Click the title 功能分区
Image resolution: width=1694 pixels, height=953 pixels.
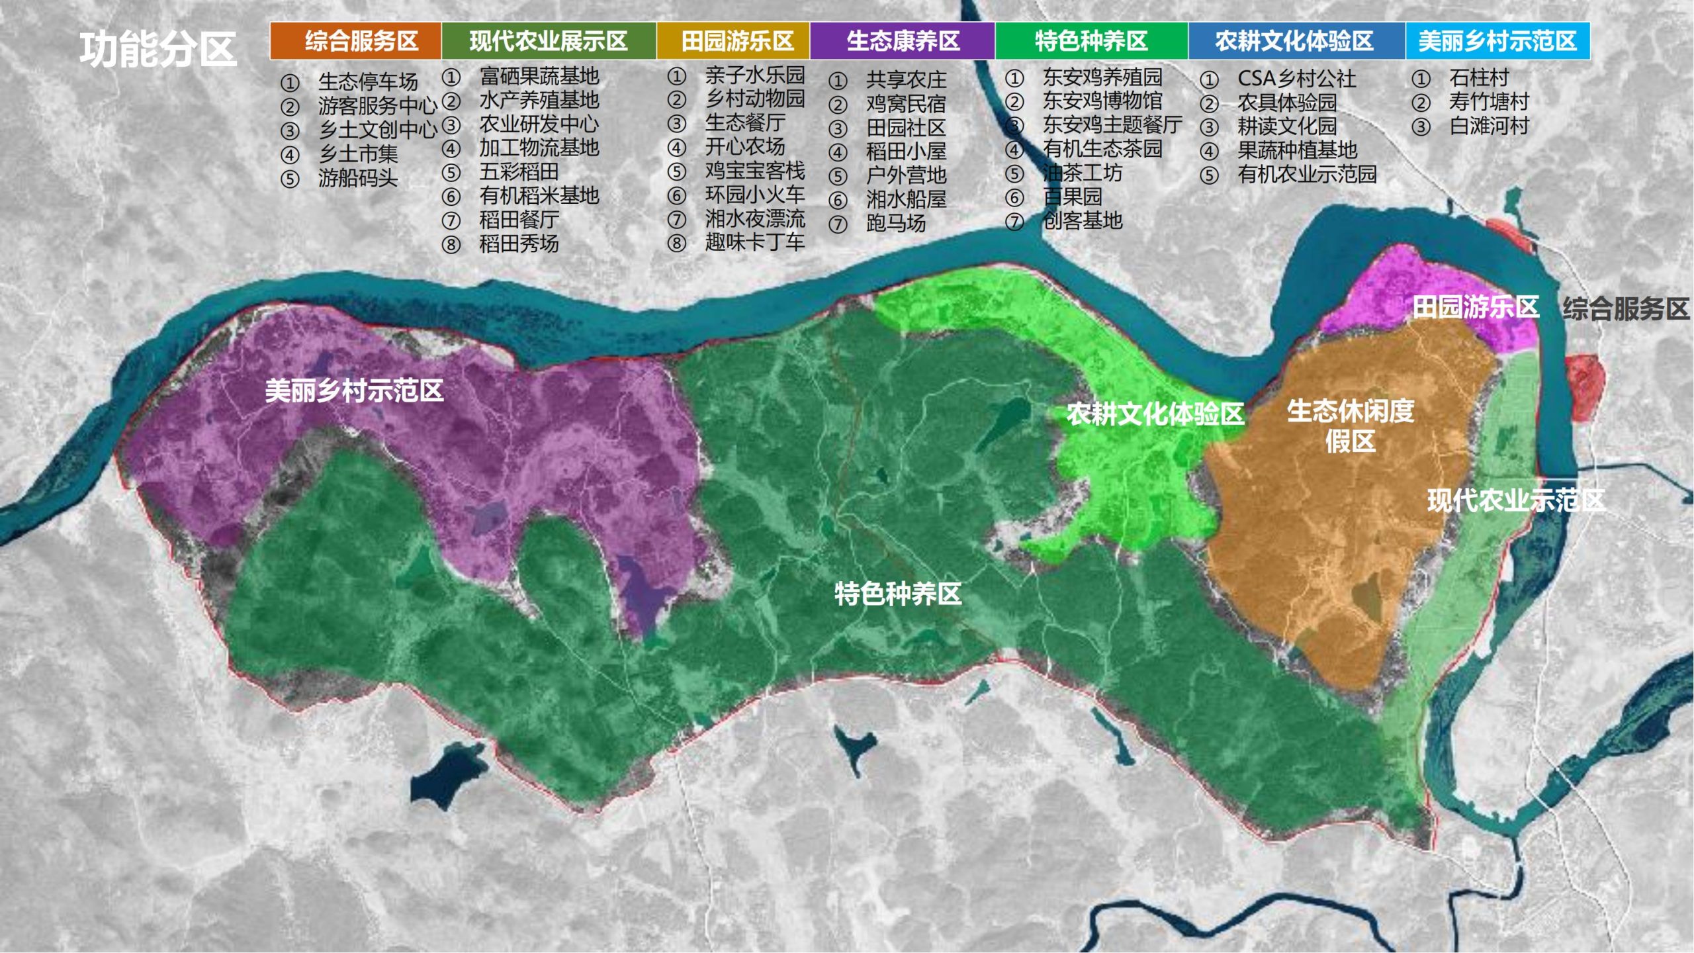pyautogui.click(x=158, y=49)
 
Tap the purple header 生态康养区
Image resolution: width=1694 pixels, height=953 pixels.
pyautogui.click(x=903, y=41)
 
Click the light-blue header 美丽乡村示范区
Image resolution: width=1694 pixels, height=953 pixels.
pyautogui.click(x=1497, y=41)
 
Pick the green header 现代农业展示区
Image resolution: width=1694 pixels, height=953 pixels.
pyautogui.click(x=548, y=41)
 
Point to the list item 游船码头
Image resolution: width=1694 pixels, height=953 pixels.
pyautogui.click(x=357, y=178)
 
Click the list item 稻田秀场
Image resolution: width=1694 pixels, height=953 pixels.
pyautogui.click(x=519, y=244)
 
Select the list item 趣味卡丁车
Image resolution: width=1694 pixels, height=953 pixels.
pyautogui.click(x=754, y=242)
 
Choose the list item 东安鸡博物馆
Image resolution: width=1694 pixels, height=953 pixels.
pyautogui.click(x=1102, y=101)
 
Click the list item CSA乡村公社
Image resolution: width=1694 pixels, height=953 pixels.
pyautogui.click(x=1296, y=79)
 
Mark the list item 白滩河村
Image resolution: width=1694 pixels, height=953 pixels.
pyautogui.click(x=1488, y=126)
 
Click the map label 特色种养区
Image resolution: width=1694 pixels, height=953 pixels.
pyautogui.click(x=897, y=594)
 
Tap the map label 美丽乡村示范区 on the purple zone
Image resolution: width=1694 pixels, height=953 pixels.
pyautogui.click(x=354, y=390)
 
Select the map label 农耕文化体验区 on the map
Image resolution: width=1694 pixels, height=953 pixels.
pyautogui.click(x=1155, y=414)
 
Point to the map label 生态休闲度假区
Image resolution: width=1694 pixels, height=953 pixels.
pyautogui.click(x=1350, y=426)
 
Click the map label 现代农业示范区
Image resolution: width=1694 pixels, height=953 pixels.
pyautogui.click(x=1515, y=500)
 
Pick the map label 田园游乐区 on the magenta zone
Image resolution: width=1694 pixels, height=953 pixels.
pyautogui.click(x=1475, y=307)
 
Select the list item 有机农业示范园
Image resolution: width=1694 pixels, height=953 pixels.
pyautogui.click(x=1307, y=174)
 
